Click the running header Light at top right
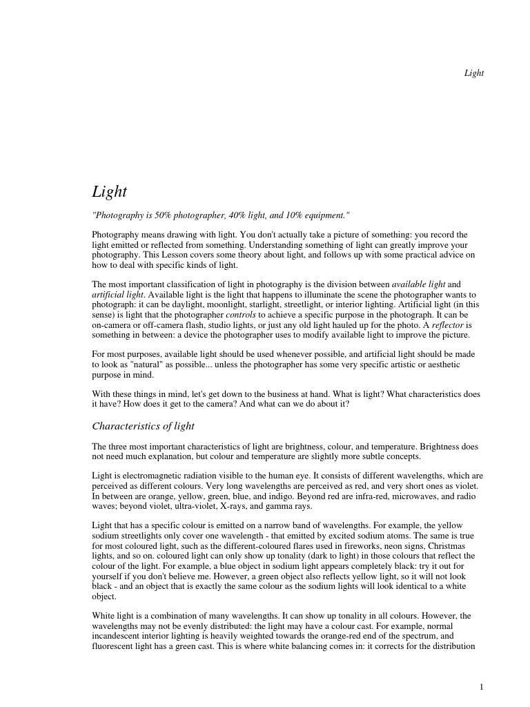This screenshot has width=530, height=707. pos(473,73)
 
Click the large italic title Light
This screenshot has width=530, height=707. pos(110,191)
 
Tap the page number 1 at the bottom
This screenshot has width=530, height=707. pos(481,686)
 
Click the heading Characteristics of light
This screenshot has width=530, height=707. pos(144,426)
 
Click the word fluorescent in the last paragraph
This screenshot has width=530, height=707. pos(115,646)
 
